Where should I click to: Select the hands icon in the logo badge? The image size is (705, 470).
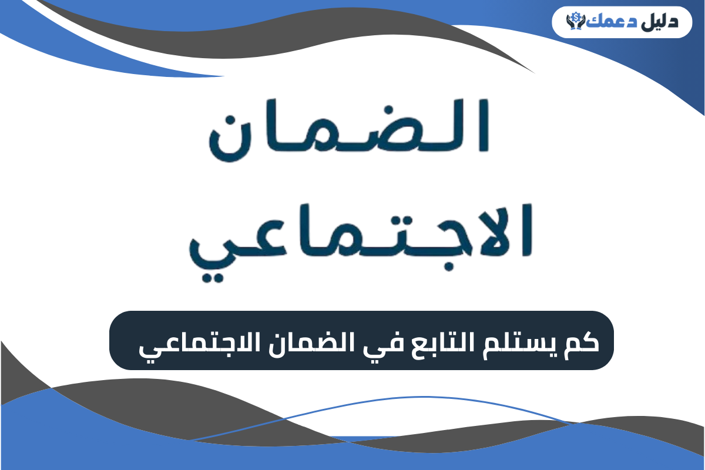(573, 23)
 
